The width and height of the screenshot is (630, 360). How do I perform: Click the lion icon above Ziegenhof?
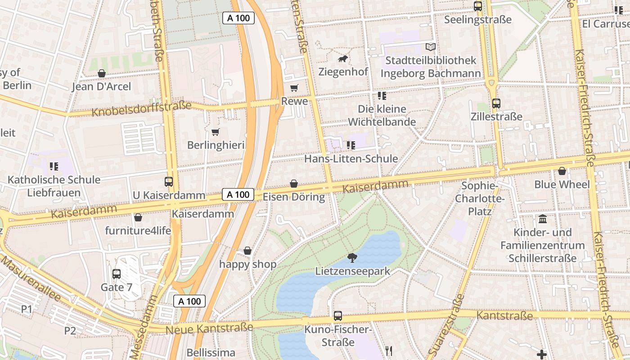click(x=343, y=58)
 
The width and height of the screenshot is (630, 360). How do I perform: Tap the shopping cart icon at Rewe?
click(x=294, y=88)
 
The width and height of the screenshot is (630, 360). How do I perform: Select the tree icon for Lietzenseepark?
click(x=352, y=258)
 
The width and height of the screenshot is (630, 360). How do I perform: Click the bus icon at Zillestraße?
click(x=496, y=103)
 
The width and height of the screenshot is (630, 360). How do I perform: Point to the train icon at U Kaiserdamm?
click(x=169, y=182)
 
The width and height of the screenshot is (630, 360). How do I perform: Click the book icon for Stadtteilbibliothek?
click(x=431, y=47)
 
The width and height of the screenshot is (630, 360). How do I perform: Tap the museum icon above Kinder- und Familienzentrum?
click(x=543, y=220)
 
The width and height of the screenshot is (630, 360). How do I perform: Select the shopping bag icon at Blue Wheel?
click(x=562, y=171)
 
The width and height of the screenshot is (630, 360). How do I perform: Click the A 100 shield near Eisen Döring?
click(x=238, y=194)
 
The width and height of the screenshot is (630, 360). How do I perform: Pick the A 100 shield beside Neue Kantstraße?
click(x=189, y=301)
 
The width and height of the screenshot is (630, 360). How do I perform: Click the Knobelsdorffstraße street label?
click(x=141, y=108)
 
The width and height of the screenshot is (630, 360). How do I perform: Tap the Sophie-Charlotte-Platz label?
click(x=480, y=198)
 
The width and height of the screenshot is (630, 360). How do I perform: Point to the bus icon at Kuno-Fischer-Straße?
click(x=338, y=316)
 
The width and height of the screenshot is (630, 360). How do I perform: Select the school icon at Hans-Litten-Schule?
click(x=351, y=145)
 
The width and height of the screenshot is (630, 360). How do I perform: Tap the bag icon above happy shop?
click(x=247, y=251)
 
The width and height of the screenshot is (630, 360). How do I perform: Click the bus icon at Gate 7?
click(x=117, y=274)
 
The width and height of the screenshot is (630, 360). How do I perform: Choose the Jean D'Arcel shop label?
click(x=101, y=86)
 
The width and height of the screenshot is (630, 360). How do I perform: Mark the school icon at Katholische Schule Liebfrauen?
click(x=54, y=166)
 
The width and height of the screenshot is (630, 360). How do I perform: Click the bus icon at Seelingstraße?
click(x=478, y=6)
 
